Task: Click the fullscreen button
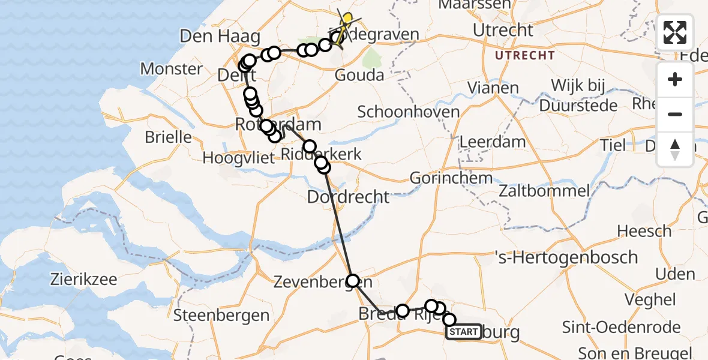click(x=675, y=32)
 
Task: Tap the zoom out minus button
click(x=675, y=114)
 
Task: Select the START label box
click(x=463, y=332)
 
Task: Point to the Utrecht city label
click(x=503, y=30)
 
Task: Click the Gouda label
click(x=359, y=76)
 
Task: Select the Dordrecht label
click(x=348, y=196)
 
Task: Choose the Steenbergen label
click(x=221, y=315)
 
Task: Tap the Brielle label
click(x=169, y=137)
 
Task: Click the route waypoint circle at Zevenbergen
click(x=353, y=280)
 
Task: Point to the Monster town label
click(x=172, y=68)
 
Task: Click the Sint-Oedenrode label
click(x=621, y=327)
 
